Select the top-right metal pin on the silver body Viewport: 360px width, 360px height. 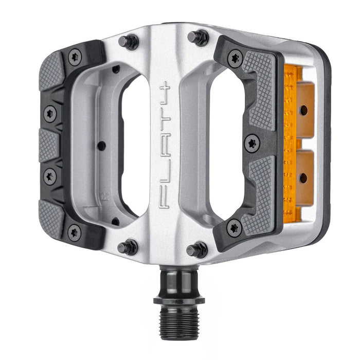point(198,37)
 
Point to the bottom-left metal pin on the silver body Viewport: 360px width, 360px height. point(128,247)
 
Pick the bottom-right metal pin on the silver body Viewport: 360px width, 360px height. point(197,250)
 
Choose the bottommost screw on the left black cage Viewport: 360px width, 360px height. point(74,231)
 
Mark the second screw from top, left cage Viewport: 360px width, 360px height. point(50,114)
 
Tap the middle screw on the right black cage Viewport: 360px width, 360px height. point(252,142)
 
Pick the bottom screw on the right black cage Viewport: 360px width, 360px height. point(235,227)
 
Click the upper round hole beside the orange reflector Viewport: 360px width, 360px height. point(304,110)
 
